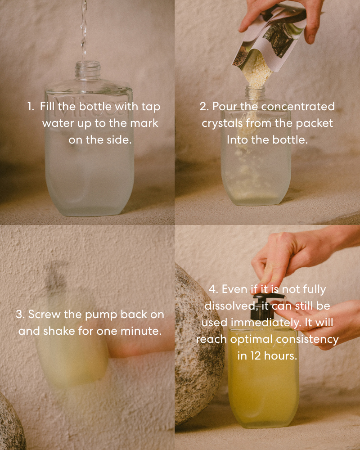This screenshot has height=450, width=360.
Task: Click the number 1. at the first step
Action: click(x=31, y=107)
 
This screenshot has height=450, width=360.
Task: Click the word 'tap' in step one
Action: click(x=151, y=108)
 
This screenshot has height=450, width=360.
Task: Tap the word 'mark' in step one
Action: click(x=144, y=123)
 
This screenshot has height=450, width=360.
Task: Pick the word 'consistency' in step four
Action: click(x=307, y=340)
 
